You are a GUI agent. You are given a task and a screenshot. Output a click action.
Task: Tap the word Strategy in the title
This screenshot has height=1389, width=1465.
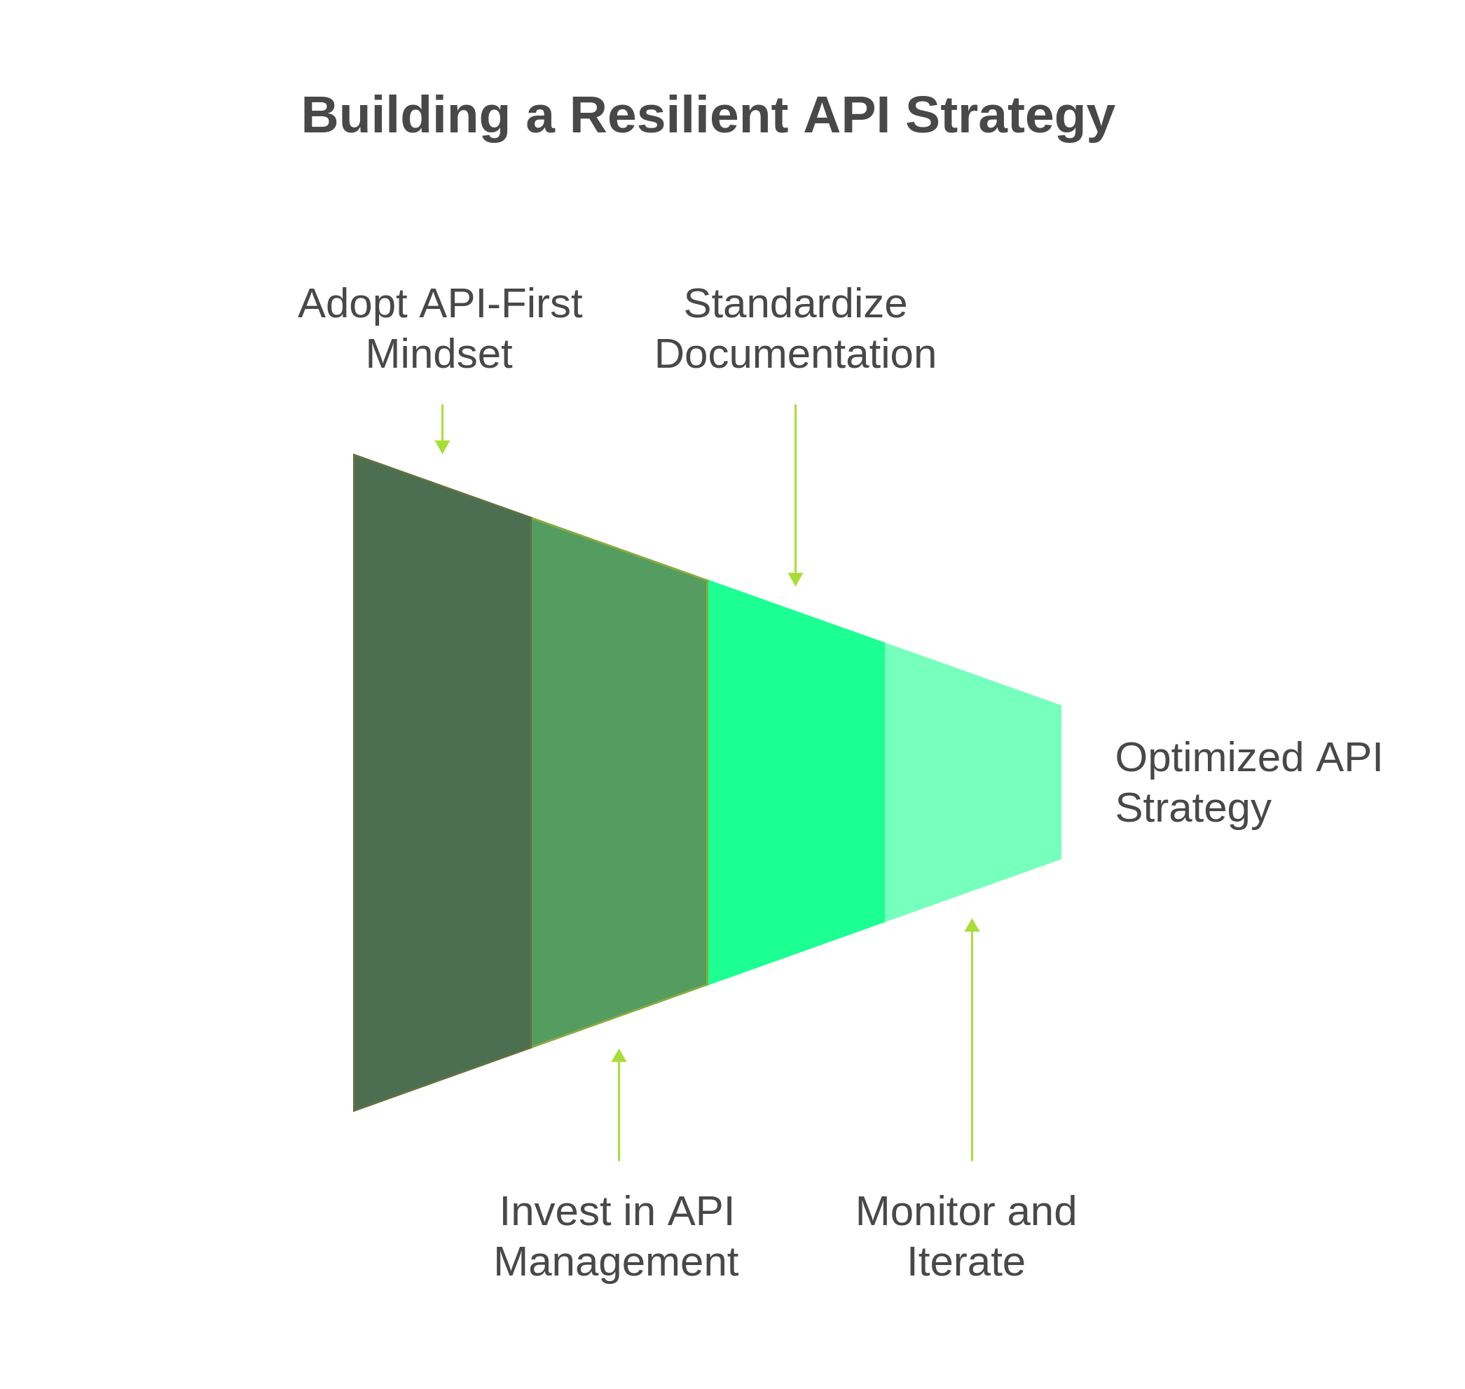1010,117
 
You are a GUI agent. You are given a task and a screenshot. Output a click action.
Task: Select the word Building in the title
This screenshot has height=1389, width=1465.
405,116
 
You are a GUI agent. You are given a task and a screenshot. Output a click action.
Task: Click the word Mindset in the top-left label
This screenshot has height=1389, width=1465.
439,354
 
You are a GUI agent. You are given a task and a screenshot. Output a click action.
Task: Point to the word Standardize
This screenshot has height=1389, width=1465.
795,303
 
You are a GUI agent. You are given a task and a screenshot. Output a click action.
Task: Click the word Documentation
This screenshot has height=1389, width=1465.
795,354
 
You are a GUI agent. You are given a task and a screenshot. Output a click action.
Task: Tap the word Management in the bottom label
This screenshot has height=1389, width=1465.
617,1262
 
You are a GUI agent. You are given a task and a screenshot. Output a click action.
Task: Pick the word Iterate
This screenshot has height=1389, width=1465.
965,1262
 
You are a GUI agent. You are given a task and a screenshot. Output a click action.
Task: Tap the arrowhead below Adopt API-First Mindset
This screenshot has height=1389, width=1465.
442,446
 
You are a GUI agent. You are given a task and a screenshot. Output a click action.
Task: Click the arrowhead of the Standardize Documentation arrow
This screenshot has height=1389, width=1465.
795,579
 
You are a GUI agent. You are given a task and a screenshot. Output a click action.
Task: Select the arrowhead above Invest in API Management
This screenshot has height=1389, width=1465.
619,1056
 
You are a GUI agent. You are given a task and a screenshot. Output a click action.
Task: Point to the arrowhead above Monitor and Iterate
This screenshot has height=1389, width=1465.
972,925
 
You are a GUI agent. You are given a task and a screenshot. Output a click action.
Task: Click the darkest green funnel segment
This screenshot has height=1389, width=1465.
442,782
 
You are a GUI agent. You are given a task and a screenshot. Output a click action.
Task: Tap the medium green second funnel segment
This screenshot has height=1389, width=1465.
619,782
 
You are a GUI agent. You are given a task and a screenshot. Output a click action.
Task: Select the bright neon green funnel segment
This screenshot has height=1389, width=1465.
796,782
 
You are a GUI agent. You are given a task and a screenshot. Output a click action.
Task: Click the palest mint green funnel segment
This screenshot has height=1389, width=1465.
972,782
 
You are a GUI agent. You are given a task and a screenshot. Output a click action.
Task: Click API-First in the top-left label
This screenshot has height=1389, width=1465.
501,303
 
